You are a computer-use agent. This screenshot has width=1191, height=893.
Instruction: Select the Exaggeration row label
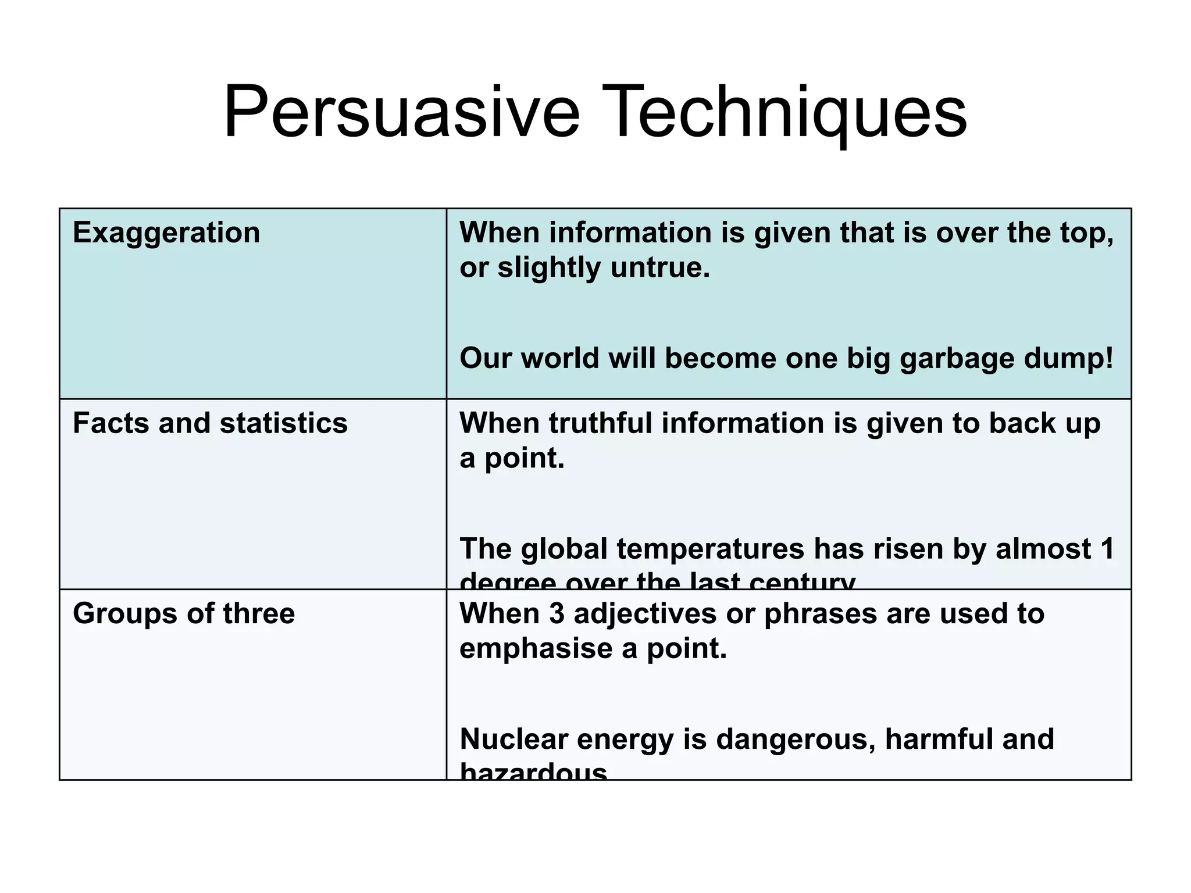(166, 233)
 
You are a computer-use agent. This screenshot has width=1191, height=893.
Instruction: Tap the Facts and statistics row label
(210, 423)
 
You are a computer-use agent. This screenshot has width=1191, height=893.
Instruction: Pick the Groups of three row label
(184, 614)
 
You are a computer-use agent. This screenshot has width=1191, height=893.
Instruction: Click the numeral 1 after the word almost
(1107, 549)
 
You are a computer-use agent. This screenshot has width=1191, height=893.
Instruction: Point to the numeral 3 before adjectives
(557, 614)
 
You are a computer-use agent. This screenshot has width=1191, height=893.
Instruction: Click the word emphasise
(536, 649)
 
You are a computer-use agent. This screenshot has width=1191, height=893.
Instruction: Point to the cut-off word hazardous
(533, 772)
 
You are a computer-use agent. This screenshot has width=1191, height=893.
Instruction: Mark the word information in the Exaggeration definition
(630, 233)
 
